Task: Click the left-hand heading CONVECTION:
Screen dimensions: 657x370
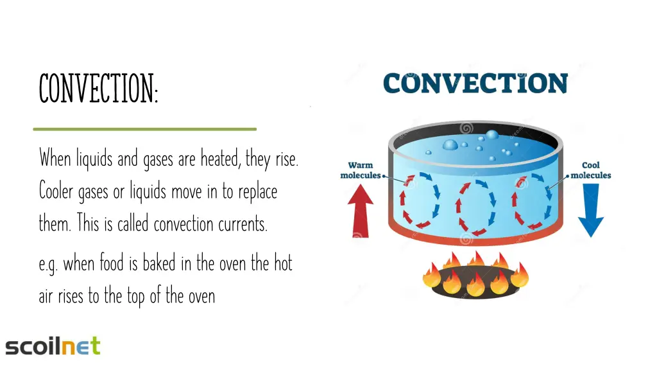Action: tap(98, 89)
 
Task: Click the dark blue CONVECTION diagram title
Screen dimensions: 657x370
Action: tap(475, 84)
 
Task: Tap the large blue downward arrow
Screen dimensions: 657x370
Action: tap(590, 209)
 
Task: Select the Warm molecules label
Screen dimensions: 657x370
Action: tap(361, 170)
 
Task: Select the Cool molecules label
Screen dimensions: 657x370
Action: tap(590, 170)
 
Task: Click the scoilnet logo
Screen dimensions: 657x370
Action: tap(53, 346)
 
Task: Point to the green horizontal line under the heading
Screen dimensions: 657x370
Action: tap(144, 129)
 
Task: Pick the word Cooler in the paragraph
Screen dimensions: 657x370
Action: tap(56, 191)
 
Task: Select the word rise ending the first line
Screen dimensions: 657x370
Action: tap(286, 158)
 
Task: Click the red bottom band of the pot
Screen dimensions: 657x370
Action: tap(475, 236)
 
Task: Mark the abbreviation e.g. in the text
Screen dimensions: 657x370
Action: tap(48, 265)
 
